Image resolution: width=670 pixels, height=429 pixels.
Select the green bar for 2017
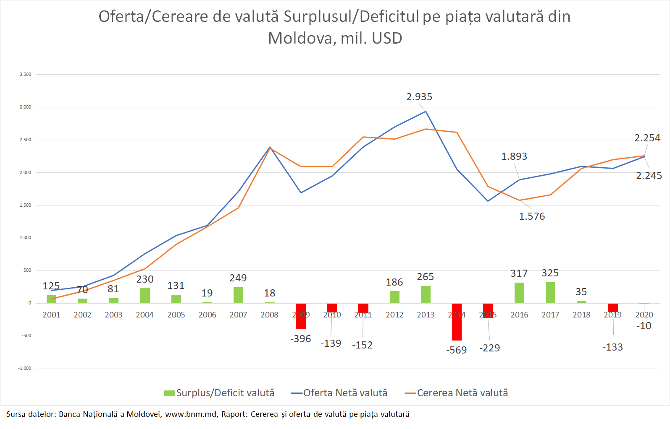(x=550, y=293)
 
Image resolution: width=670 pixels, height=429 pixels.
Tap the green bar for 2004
(x=145, y=296)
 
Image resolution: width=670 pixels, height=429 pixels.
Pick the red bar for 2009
(x=301, y=316)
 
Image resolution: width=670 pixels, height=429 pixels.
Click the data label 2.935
(x=419, y=97)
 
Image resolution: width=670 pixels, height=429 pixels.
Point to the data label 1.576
(x=532, y=216)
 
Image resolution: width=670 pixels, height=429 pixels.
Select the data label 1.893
(x=514, y=156)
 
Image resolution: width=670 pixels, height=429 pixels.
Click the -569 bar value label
(x=457, y=350)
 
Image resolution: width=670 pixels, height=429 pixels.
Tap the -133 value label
(x=612, y=347)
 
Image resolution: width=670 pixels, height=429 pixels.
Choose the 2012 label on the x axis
(x=394, y=315)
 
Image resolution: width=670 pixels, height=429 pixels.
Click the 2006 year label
(x=207, y=315)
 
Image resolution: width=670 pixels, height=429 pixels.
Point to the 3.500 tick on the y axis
(x=25, y=75)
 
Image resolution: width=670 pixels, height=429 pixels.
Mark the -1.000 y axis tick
(x=24, y=369)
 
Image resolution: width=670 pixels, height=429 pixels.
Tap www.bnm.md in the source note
(x=191, y=414)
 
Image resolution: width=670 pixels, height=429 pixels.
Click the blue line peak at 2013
(x=426, y=111)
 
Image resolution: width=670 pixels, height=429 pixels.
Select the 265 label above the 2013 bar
(x=425, y=277)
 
